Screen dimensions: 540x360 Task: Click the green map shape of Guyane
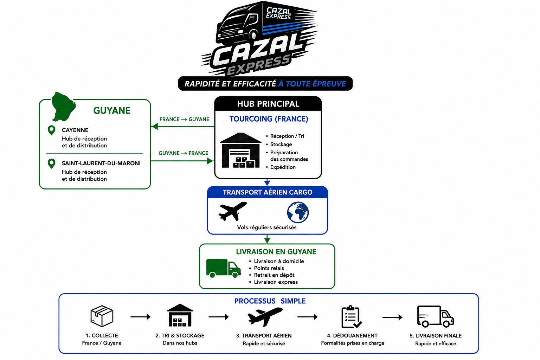pyautogui.click(x=63, y=107)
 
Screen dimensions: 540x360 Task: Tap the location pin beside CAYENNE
pyautogui.click(x=52, y=130)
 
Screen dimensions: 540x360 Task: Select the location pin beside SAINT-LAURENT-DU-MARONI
pyautogui.click(x=52, y=163)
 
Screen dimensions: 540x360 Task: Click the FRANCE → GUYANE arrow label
pyautogui.click(x=184, y=120)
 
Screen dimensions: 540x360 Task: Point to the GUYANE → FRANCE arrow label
pyautogui.click(x=183, y=153)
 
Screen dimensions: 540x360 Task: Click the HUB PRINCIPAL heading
pyautogui.click(x=268, y=104)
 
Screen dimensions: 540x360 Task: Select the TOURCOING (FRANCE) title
pyautogui.click(x=269, y=119)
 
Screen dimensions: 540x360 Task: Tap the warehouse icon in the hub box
pyautogui.click(x=240, y=150)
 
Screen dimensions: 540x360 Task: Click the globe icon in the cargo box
pyautogui.click(x=298, y=212)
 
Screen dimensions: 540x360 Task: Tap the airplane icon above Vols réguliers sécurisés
pyautogui.click(x=233, y=211)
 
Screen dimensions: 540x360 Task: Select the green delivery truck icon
pyautogui.click(x=224, y=268)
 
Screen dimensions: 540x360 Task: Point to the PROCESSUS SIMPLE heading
pyautogui.click(x=270, y=301)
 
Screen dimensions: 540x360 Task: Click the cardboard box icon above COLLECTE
pyautogui.click(x=102, y=316)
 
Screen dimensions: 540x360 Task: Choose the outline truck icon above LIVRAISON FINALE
pyautogui.click(x=435, y=316)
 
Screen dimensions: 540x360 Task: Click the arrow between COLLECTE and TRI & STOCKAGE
pyautogui.click(x=141, y=317)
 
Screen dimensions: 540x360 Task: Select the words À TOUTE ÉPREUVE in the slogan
pyautogui.click(x=312, y=84)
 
